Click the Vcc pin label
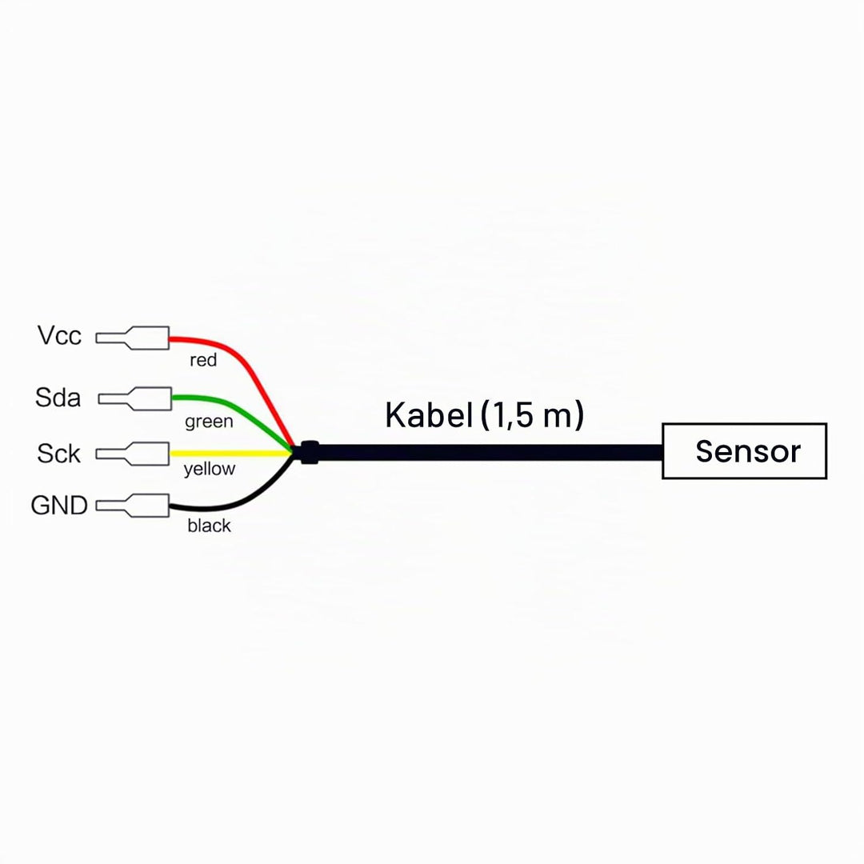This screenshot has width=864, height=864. tap(59, 335)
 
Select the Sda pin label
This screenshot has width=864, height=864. tap(58, 398)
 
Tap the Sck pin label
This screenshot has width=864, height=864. tap(59, 454)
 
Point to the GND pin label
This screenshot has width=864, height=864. tap(59, 506)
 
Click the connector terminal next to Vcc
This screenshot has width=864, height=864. tap(132, 338)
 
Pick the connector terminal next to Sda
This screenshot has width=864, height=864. tap(135, 398)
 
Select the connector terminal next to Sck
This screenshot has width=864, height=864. tap(132, 454)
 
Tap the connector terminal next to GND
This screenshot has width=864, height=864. tap(132, 506)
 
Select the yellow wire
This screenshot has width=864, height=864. tap(230, 454)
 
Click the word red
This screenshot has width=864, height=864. tap(203, 360)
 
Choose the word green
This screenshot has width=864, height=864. tap(209, 422)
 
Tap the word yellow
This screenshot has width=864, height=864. tap(210, 470)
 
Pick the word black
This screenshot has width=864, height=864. tap(209, 525)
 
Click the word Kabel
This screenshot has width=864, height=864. tap(429, 415)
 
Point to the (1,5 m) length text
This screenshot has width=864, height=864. tap(532, 415)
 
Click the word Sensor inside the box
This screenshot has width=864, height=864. tap(748, 451)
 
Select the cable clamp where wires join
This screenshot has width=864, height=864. tap(309, 452)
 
